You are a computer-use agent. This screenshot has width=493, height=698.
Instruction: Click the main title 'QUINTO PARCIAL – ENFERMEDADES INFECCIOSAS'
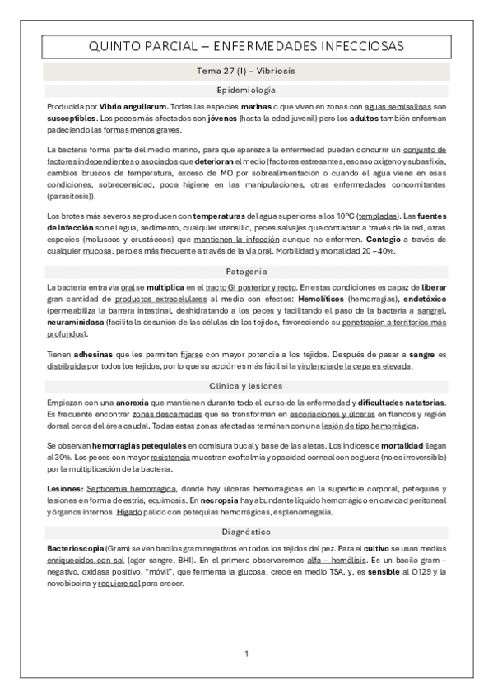pyautogui.click(x=246, y=48)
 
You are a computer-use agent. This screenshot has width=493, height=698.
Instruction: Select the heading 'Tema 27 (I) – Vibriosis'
pyautogui.click(x=246, y=72)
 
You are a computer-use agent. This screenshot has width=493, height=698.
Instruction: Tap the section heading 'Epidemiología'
pyautogui.click(x=246, y=90)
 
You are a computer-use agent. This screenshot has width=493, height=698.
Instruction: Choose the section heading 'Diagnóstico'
pyautogui.click(x=246, y=532)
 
